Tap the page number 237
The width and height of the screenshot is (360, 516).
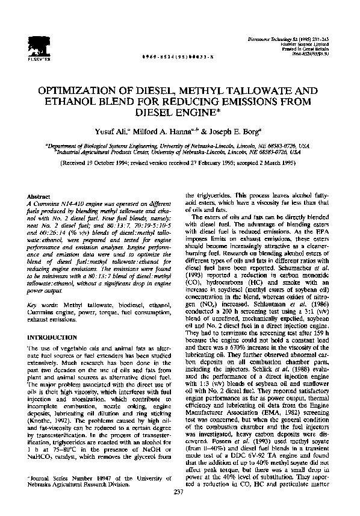pos(179,493)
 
